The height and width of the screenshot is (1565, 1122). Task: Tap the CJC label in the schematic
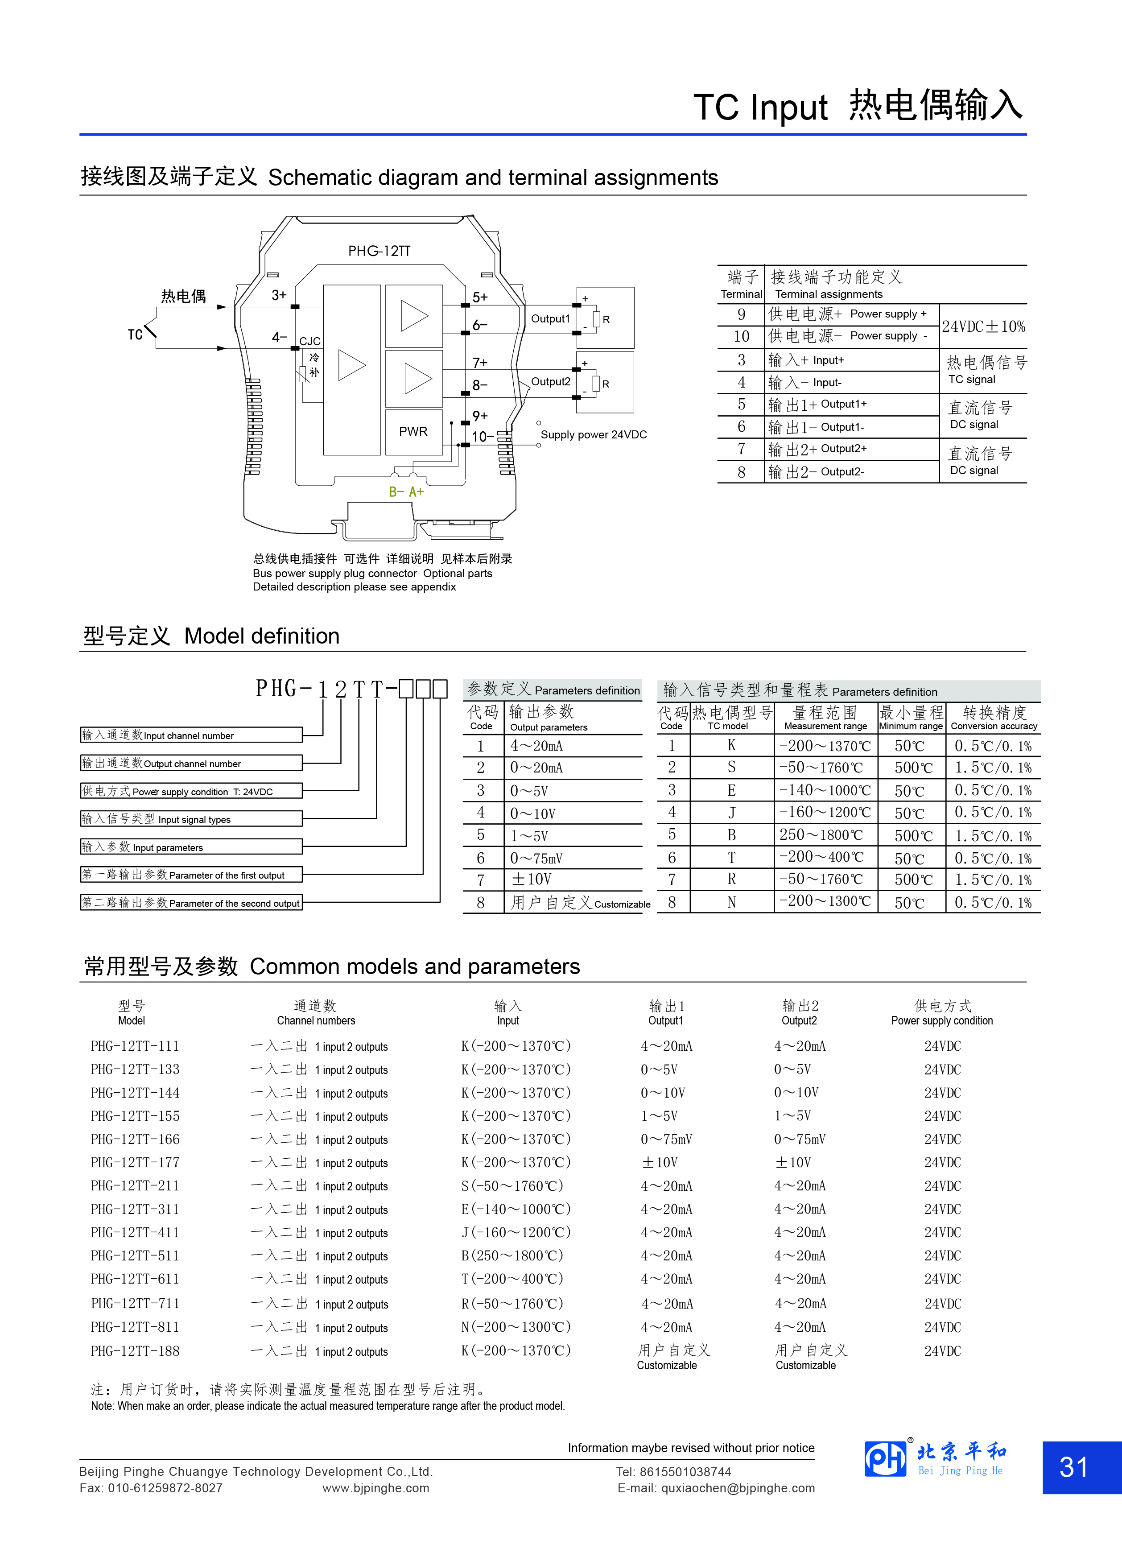click(310, 341)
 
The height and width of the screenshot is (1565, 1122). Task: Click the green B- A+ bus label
click(406, 492)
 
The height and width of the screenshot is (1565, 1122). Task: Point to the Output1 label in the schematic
click(550, 319)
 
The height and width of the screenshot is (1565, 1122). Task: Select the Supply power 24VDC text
click(594, 435)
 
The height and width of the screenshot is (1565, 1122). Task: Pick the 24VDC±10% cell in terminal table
click(983, 326)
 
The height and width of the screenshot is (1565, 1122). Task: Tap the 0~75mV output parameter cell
click(536, 859)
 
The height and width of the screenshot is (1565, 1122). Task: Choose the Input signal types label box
click(191, 819)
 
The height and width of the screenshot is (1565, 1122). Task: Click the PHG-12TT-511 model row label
click(135, 1256)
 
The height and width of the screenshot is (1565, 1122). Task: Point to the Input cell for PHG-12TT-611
click(512, 1279)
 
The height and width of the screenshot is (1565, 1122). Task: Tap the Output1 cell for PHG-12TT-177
click(660, 1163)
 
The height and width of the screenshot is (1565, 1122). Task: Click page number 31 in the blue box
click(1074, 1467)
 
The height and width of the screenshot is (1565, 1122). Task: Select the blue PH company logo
click(885, 1459)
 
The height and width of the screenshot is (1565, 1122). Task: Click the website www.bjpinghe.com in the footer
click(375, 1488)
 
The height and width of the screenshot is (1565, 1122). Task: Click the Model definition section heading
click(211, 636)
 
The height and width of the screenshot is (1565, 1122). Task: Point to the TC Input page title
click(858, 107)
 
